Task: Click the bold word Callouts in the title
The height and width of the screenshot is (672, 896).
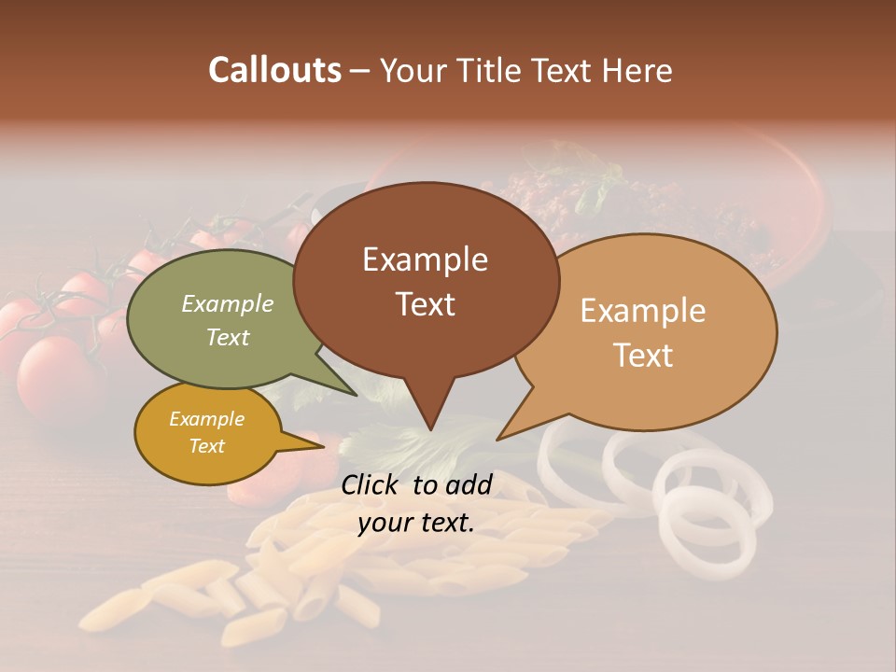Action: (274, 70)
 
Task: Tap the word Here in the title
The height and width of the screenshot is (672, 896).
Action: (638, 70)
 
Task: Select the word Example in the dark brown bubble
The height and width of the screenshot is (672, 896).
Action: (425, 259)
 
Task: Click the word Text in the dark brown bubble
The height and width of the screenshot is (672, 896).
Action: (425, 304)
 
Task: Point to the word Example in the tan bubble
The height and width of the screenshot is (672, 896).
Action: (643, 311)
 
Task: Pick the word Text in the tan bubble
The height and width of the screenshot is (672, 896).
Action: (643, 356)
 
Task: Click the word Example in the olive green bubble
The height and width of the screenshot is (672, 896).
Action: (228, 304)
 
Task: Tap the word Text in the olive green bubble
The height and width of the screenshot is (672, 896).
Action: (228, 337)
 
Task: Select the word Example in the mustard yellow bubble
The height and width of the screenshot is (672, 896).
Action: (206, 419)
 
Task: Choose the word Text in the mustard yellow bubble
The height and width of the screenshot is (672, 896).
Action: (206, 446)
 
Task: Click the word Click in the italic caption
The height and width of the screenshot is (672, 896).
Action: (371, 484)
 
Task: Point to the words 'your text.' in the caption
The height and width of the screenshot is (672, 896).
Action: (416, 523)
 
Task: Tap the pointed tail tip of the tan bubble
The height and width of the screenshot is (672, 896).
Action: (498, 439)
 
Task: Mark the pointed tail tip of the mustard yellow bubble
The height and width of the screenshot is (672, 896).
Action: (323, 447)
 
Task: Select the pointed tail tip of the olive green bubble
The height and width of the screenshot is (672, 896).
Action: (356, 395)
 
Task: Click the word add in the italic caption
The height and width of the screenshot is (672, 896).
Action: (469, 484)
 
